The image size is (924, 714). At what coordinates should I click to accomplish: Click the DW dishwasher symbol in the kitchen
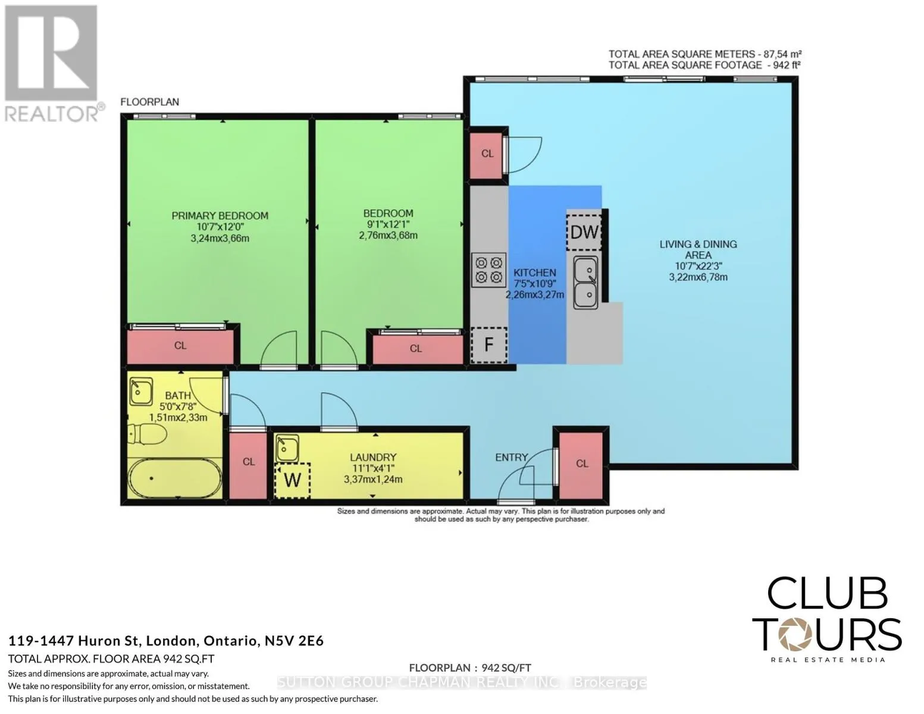click(x=584, y=232)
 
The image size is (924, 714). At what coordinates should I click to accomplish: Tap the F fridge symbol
click(x=489, y=345)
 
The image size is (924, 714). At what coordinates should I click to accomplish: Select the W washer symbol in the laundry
click(x=292, y=481)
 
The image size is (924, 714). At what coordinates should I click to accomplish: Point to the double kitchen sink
click(x=585, y=283)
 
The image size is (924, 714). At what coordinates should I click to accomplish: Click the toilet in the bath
click(x=147, y=434)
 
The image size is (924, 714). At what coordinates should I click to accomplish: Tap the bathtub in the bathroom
click(x=175, y=478)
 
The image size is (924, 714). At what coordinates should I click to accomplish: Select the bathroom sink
click(x=141, y=392)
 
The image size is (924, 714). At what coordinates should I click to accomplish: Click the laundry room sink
click(x=287, y=448)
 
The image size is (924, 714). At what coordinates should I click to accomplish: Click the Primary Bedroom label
click(x=220, y=215)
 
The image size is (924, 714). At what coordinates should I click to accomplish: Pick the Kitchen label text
click(x=534, y=273)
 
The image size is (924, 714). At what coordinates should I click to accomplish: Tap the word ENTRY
click(x=511, y=457)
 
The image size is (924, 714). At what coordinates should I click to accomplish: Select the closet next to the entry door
click(x=581, y=466)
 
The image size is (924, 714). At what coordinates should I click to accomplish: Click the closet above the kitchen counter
click(x=487, y=156)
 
